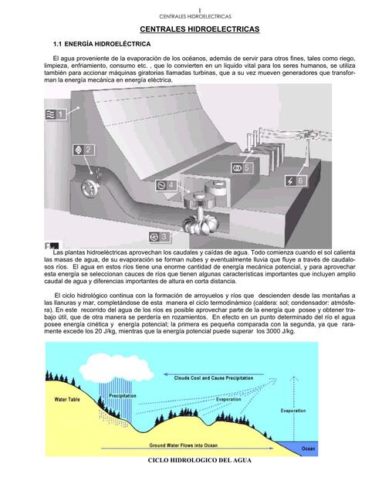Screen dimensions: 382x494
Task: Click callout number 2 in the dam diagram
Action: [x=83, y=149]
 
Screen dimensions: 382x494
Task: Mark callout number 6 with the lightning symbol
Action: [x=296, y=180]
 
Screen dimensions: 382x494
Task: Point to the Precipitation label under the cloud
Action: [x=123, y=395]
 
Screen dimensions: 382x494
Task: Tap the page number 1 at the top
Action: [x=199, y=8]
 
